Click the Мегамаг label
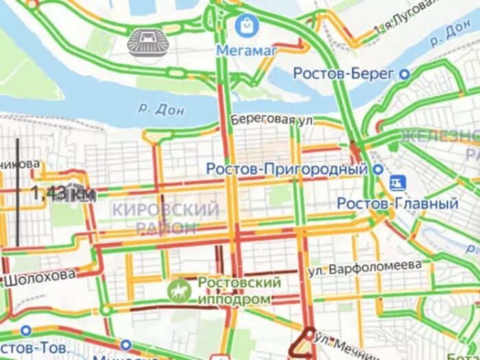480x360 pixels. click(245, 50)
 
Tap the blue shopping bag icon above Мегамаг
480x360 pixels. click(244, 27)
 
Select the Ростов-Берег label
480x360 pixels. click(344, 73)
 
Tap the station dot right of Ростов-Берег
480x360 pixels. click(405, 73)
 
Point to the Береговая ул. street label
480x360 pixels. click(272, 119)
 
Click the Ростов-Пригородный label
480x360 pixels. click(283, 168)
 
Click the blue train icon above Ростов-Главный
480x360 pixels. click(396, 182)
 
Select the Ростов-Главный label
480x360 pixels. click(398, 204)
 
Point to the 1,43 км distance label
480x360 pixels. click(62, 194)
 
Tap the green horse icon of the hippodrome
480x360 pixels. click(178, 291)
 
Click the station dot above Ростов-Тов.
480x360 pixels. click(26, 331)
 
